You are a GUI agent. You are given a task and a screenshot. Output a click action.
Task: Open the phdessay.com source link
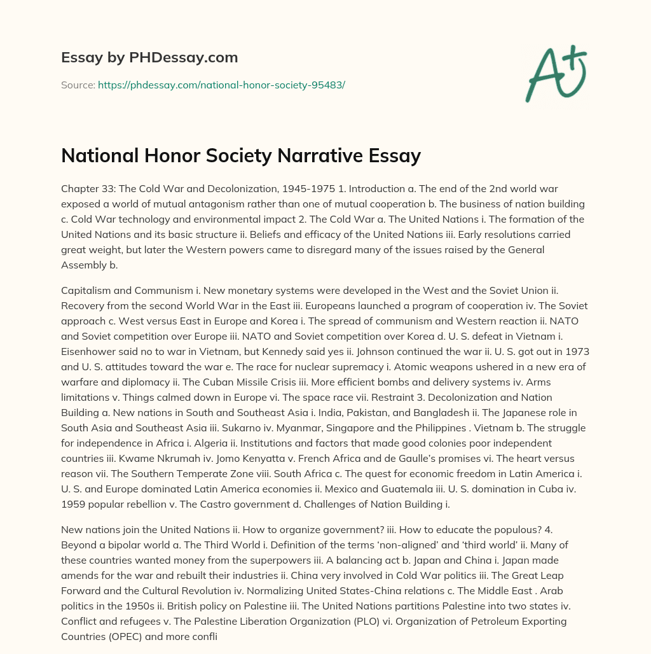coord(221,84)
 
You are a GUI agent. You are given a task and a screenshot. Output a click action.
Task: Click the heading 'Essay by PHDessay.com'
coord(149,58)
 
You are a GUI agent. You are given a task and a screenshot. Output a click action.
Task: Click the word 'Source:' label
coord(78,84)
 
